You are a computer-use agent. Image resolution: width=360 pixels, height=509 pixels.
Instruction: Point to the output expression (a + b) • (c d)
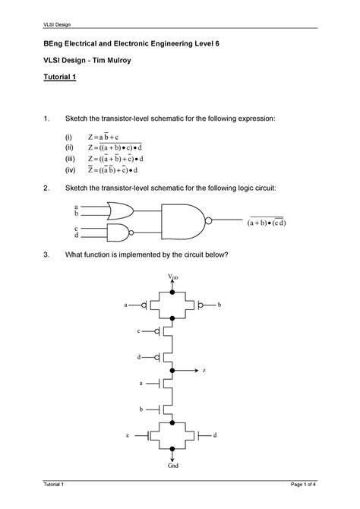264,223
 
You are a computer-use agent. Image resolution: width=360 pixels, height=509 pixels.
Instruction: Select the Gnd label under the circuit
174,464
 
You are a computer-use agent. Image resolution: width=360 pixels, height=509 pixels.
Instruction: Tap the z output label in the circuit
204,370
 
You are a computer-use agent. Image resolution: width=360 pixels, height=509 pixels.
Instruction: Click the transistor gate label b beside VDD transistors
219,305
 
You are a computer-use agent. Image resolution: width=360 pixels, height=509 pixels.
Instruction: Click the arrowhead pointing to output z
195,370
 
